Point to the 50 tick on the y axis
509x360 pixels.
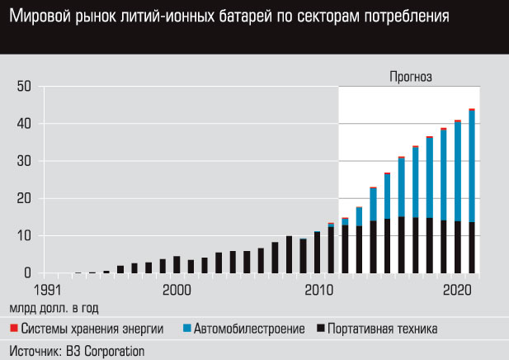click(23, 86)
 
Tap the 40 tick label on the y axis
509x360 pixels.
click(23, 124)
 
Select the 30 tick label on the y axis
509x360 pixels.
click(23, 161)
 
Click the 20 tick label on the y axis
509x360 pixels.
click(23, 198)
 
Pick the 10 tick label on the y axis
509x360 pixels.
click(23, 236)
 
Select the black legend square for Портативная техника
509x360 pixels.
click(318, 329)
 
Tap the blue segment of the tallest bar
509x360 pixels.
click(472, 165)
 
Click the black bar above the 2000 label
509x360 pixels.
click(177, 264)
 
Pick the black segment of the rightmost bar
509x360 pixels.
click(472, 248)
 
